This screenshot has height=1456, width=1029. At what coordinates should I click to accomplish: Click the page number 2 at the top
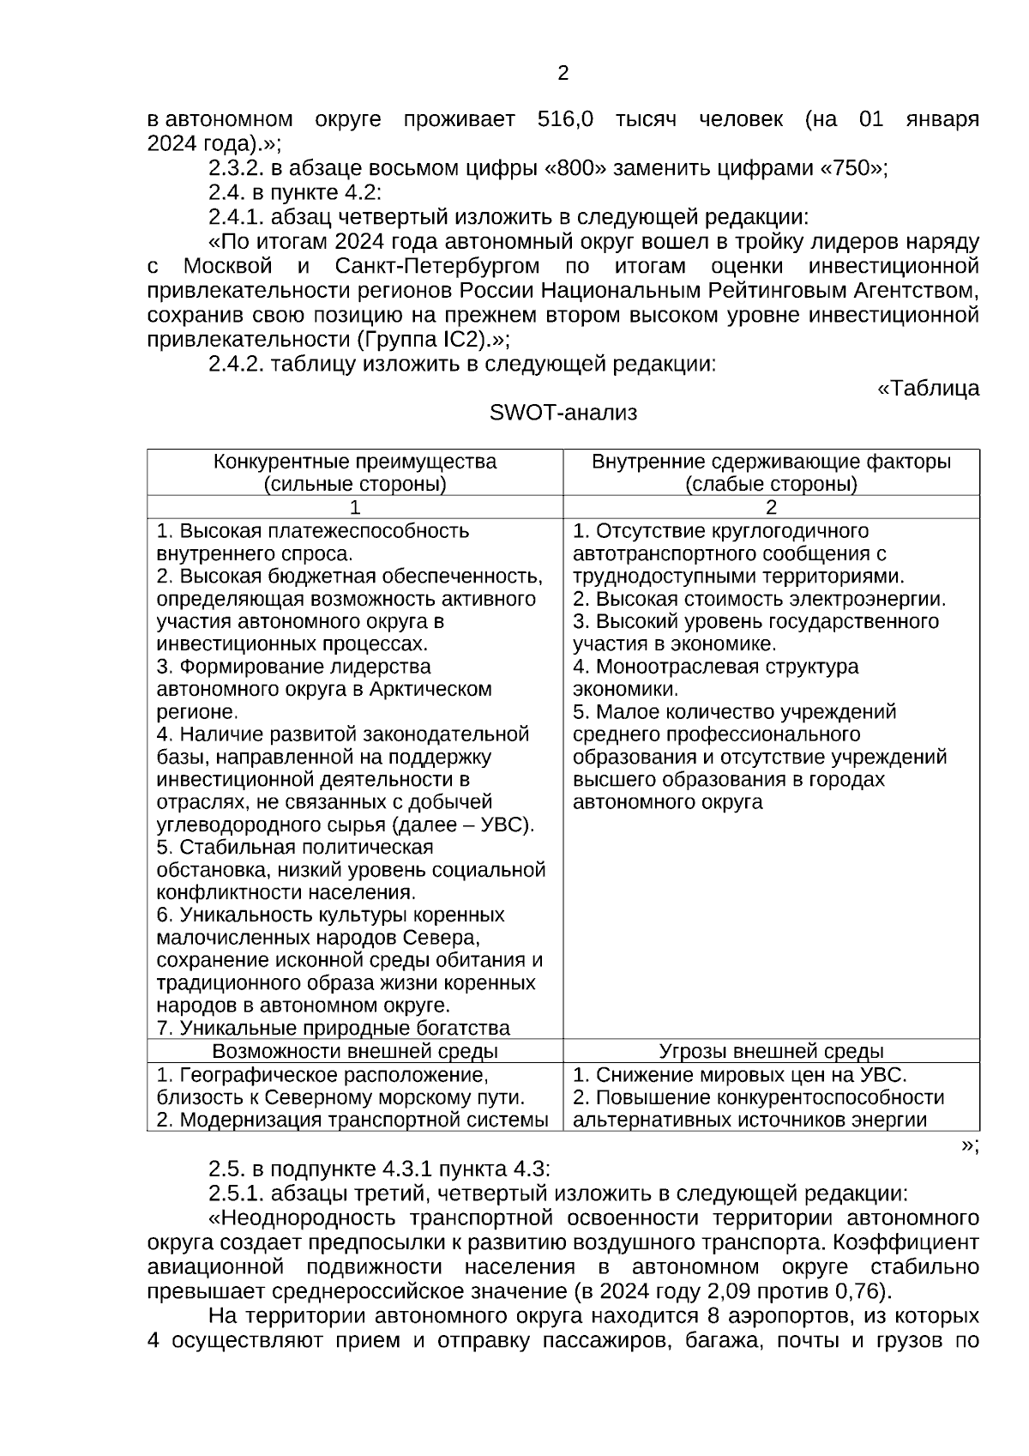pos(563,74)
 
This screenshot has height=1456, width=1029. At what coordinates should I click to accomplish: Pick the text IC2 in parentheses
pos(454,339)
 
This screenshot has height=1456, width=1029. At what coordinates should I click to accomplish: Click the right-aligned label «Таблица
pos(928,389)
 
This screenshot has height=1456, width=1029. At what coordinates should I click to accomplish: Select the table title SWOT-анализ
pos(563,414)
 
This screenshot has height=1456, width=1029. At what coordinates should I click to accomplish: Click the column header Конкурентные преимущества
pos(354,462)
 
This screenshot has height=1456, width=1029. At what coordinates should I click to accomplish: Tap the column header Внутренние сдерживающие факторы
pos(771,462)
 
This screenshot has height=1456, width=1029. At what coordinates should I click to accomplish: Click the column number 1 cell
pos(354,507)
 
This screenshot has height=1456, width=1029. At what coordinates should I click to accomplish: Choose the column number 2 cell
pos(771,507)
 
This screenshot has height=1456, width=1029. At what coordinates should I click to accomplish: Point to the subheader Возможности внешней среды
pos(354,1051)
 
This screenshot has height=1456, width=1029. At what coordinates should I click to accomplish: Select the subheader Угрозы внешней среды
pos(771,1051)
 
